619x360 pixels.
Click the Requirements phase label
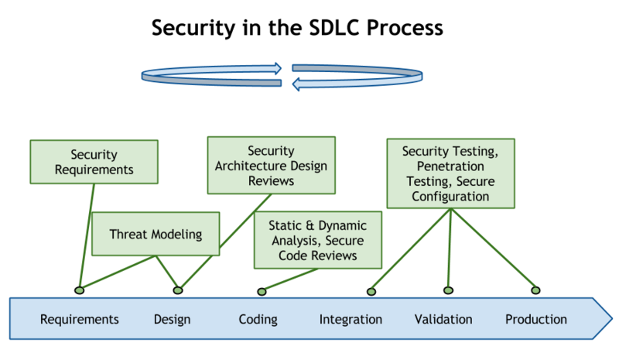click(79, 319)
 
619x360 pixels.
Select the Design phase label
click(172, 319)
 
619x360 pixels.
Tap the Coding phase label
click(258, 319)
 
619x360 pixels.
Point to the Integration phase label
click(351, 319)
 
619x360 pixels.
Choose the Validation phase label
click(443, 319)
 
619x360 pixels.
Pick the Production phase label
click(536, 319)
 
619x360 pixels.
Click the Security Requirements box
click(93, 162)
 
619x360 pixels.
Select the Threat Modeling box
click(156, 233)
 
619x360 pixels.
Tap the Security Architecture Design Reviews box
click(271, 165)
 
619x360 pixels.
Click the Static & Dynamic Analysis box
click(318, 240)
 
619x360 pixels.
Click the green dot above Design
click(178, 290)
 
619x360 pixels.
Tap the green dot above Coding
click(261, 291)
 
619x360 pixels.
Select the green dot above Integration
click(371, 291)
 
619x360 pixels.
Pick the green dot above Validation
click(448, 290)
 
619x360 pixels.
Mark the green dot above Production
click(535, 290)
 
